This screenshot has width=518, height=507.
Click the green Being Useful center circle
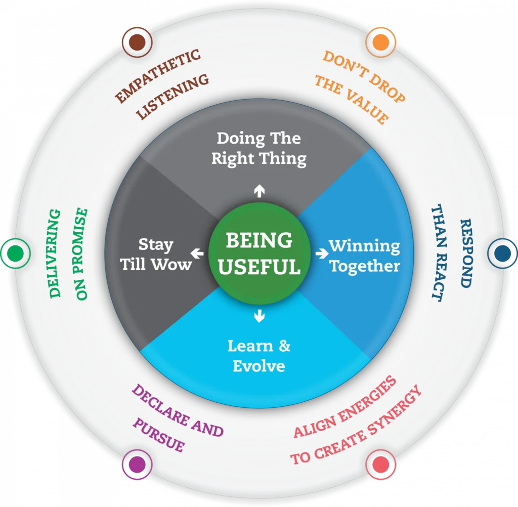click(259, 253)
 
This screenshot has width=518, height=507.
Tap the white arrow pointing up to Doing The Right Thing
click(259, 191)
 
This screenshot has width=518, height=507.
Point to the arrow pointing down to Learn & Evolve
click(259, 316)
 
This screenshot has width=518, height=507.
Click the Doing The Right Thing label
click(259, 148)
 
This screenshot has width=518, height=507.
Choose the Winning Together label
click(365, 256)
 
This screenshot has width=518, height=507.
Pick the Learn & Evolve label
click(259, 356)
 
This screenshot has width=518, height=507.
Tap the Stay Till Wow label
click(156, 255)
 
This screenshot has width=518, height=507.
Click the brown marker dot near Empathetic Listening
click(138, 41)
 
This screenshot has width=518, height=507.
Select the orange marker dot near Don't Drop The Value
click(380, 41)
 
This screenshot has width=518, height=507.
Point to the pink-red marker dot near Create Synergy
click(380, 464)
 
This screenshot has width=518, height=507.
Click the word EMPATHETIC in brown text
click(157, 74)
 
